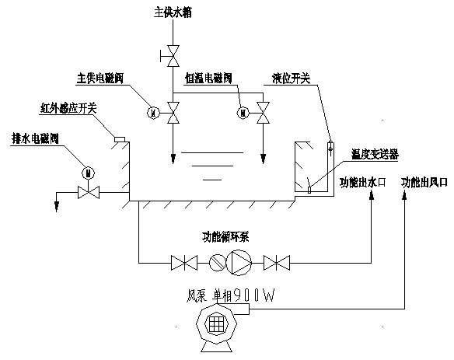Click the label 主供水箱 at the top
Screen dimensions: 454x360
click(173, 12)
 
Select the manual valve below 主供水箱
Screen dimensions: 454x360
click(173, 56)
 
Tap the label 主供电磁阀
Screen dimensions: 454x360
click(100, 79)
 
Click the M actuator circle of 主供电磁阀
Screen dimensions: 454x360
click(154, 113)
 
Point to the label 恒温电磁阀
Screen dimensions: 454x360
click(208, 79)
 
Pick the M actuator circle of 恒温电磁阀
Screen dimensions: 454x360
click(243, 113)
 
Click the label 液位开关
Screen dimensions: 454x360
click(291, 79)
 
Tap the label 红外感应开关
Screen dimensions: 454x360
click(68, 109)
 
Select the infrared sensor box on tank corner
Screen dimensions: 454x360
click(120, 139)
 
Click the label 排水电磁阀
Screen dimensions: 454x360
click(35, 138)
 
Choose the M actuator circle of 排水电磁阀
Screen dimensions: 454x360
click(89, 173)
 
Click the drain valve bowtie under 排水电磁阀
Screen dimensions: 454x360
click(89, 192)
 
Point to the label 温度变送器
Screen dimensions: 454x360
click(375, 155)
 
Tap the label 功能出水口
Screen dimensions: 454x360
click(363, 183)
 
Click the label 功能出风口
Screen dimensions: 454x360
click(424, 183)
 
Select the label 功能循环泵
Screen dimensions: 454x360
click(225, 237)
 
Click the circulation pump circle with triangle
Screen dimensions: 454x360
click(239, 263)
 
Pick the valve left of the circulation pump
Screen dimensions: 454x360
click(184, 263)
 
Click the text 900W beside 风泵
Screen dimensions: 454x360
click(253, 296)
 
